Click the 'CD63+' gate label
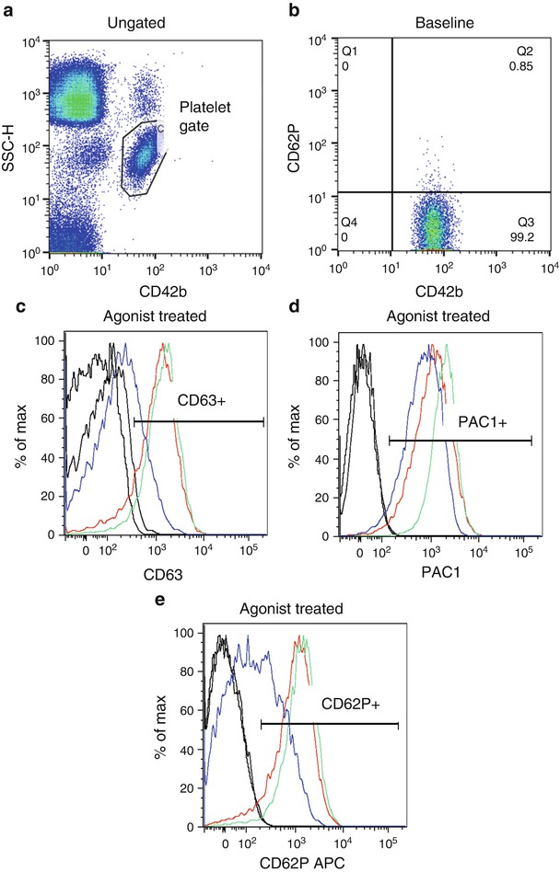click(196, 402)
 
